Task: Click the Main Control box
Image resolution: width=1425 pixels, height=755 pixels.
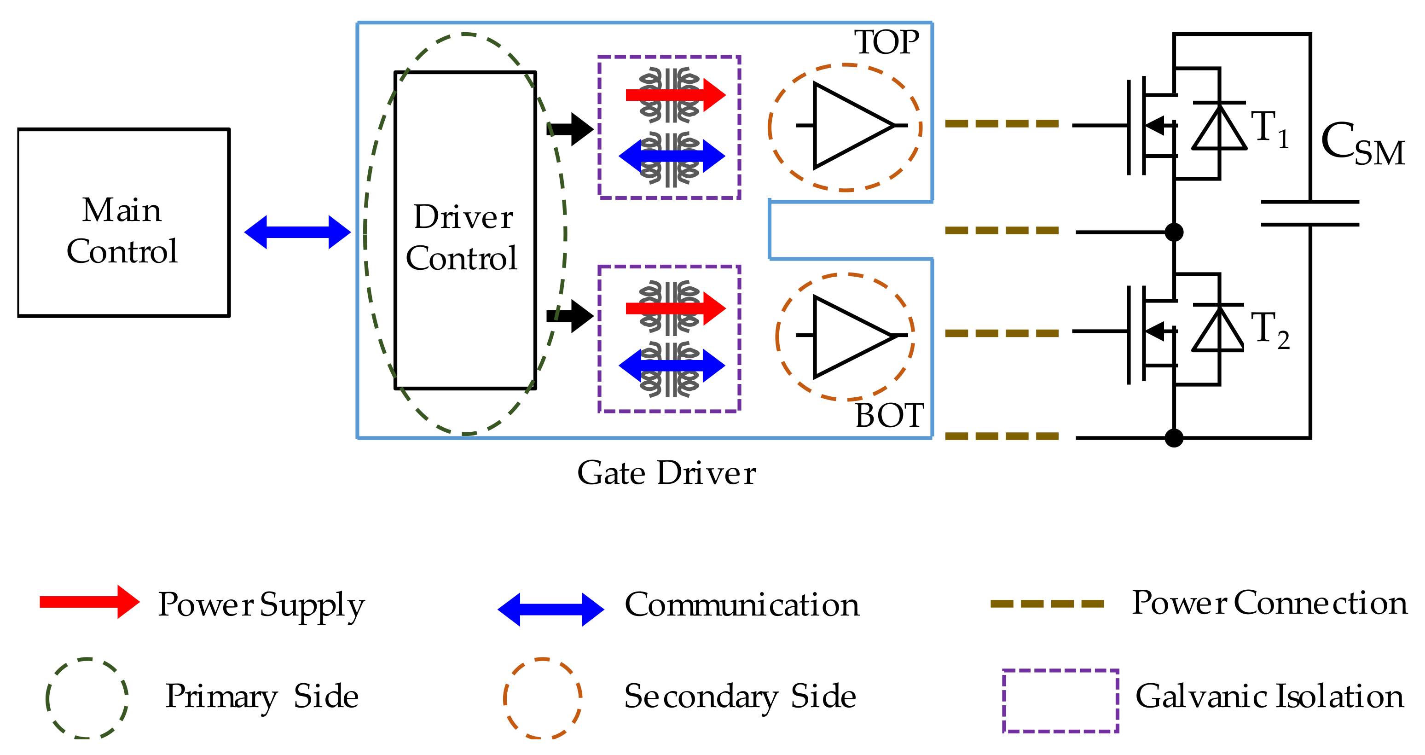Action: pyautogui.click(x=123, y=223)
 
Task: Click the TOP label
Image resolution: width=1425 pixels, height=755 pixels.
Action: pyautogui.click(x=886, y=43)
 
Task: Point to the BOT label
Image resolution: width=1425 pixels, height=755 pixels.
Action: pyautogui.click(x=889, y=416)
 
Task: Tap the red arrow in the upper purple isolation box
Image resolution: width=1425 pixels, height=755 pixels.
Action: pyautogui.click(x=675, y=95)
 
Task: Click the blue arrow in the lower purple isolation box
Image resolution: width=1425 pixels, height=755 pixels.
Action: pyautogui.click(x=672, y=365)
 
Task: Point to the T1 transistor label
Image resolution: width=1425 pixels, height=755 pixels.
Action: pyautogui.click(x=1269, y=130)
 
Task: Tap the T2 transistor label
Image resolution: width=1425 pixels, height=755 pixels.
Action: pyautogui.click(x=1269, y=331)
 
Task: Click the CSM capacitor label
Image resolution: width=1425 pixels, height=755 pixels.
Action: pyautogui.click(x=1362, y=145)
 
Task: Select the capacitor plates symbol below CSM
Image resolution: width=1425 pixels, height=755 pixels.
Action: pyautogui.click(x=1310, y=214)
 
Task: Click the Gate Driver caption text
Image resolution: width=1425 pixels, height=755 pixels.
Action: pyautogui.click(x=666, y=473)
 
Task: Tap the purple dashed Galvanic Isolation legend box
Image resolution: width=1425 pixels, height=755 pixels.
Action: pyautogui.click(x=1060, y=701)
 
